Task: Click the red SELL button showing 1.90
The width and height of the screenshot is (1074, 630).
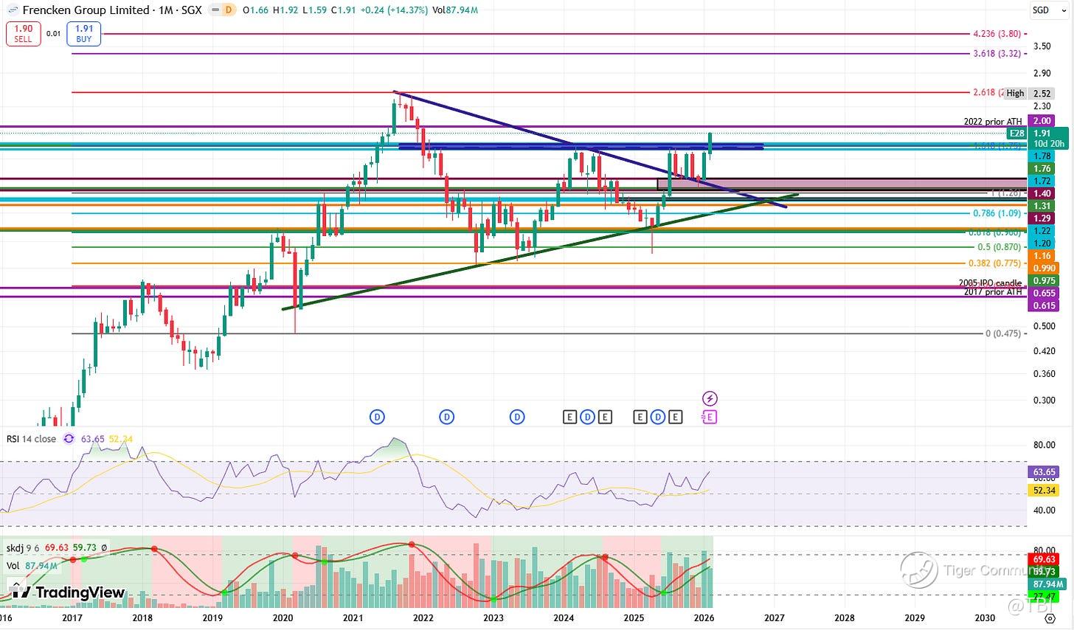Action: click(23, 33)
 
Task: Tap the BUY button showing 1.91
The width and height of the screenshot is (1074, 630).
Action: click(83, 33)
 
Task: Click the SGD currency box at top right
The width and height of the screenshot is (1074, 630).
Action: click(1041, 10)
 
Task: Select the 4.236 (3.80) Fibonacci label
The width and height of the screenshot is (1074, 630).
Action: click(997, 34)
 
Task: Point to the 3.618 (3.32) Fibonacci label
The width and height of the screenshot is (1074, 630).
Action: click(997, 54)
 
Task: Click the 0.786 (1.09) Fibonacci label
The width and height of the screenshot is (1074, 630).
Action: click(997, 213)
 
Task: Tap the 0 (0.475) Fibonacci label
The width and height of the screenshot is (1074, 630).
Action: click(1003, 333)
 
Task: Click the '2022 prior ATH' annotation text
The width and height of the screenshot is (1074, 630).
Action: click(993, 122)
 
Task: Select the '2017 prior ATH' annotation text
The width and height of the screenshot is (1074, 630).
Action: click(993, 292)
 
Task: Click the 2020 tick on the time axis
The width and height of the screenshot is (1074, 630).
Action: click(283, 617)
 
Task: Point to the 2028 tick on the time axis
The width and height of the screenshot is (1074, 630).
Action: click(844, 617)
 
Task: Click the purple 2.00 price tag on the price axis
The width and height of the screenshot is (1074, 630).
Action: click(1042, 121)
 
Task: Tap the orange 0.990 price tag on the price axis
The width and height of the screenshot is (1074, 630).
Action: click(1044, 269)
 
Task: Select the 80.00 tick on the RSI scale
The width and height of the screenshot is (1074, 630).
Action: click(1044, 445)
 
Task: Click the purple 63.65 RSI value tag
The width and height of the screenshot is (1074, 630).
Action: click(1044, 472)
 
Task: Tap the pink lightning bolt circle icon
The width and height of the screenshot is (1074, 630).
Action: click(710, 398)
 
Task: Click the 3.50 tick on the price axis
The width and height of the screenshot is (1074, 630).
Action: click(1042, 46)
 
